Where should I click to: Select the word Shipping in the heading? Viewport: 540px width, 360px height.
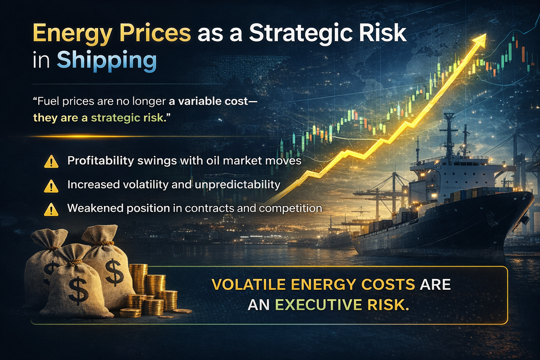coord(107,60)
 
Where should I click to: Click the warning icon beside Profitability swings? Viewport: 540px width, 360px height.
coord(51,161)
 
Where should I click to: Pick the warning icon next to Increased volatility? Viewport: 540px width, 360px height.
coord(51,186)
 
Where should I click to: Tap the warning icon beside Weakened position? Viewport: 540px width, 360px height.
coord(51,209)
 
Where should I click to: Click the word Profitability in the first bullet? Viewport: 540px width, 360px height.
coord(101,161)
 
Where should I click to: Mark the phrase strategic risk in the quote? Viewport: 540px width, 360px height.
coord(127,117)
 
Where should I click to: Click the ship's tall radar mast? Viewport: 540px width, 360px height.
coord(449,134)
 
